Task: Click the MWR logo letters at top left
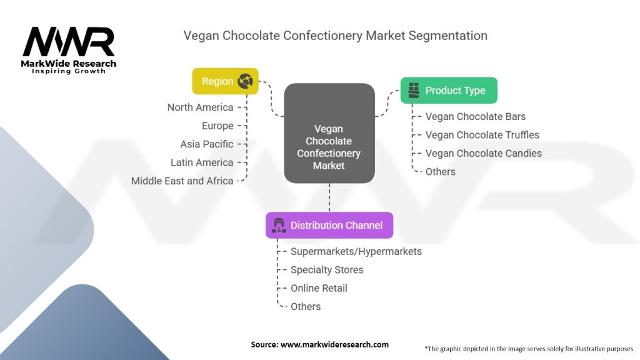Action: (69, 42)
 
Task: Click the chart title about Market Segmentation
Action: (335, 36)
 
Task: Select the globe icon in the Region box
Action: (245, 81)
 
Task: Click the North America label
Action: (200, 107)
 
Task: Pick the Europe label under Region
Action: (217, 126)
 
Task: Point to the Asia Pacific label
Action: (207, 144)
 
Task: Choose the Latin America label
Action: (202, 162)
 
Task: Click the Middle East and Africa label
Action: (182, 181)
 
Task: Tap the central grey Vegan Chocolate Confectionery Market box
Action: (329, 133)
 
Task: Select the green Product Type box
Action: (449, 91)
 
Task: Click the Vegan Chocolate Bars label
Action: (476, 116)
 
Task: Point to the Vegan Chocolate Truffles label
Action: (482, 134)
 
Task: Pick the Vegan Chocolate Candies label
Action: (483, 153)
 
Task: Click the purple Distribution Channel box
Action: (329, 225)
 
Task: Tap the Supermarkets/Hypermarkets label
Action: (356, 251)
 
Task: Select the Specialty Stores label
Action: (327, 269)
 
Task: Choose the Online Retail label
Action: (319, 288)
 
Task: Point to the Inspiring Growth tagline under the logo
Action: (69, 71)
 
